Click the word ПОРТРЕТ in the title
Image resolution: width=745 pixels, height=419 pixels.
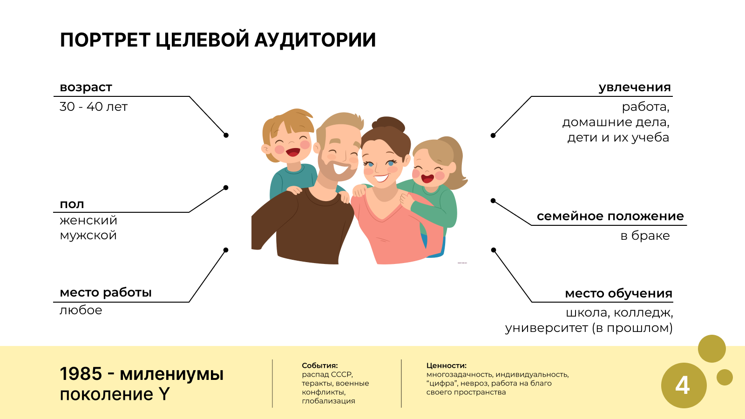coord(105,40)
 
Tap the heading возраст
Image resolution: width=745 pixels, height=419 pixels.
coord(86,87)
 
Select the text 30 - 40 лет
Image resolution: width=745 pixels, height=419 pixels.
coord(94,107)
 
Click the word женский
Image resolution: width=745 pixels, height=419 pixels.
coord(88,220)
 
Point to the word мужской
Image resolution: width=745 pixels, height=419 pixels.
coord(88,236)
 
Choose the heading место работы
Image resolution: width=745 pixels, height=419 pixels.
coord(105,293)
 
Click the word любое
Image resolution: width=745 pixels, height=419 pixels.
coord(81,310)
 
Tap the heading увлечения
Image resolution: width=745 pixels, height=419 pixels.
coord(635,88)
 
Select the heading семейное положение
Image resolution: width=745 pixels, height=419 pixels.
coord(610,216)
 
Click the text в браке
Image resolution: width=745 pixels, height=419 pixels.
coord(645,236)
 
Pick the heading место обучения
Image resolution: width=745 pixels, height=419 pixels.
coord(619,293)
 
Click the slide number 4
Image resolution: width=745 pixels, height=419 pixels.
coord(683,386)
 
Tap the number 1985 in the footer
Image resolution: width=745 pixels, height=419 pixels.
coord(81,374)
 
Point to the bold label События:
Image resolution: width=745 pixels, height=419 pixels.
coord(319,365)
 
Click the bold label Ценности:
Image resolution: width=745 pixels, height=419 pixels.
coord(447,365)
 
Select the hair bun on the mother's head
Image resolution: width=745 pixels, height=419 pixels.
coord(388,124)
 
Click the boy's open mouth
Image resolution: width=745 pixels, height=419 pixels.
coord(293,152)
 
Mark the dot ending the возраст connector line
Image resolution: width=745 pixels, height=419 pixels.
coord(226,135)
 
